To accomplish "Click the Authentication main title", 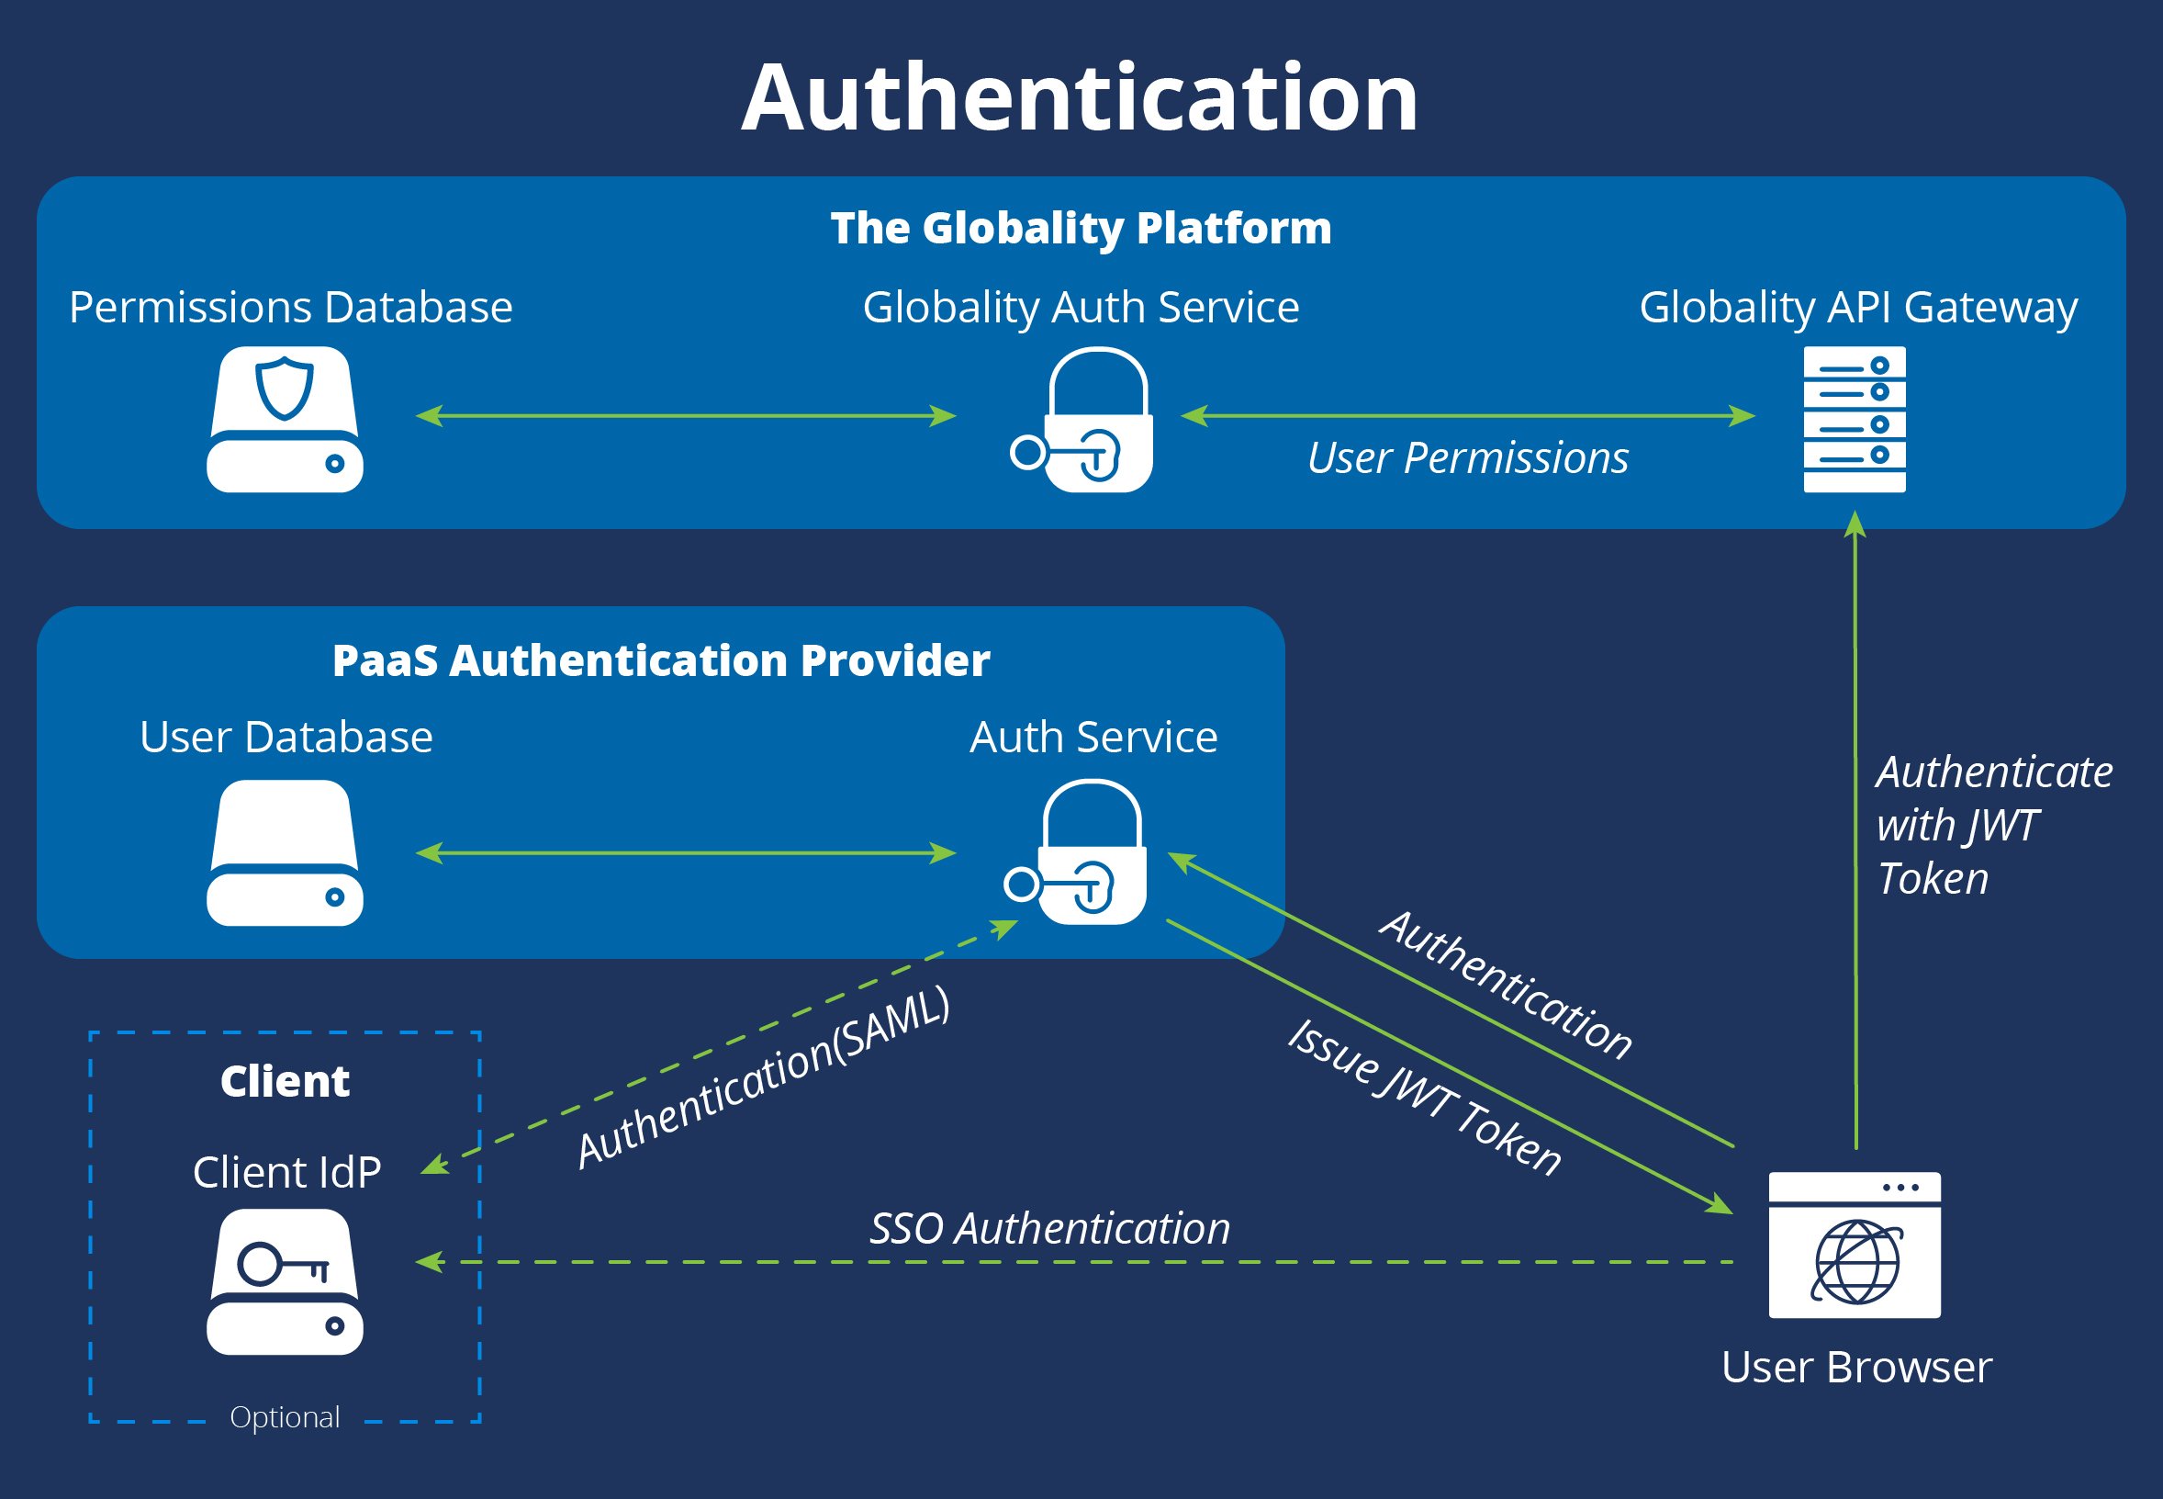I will (1080, 97).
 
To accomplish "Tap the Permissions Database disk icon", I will (285, 420).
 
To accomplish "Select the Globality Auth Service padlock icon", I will (1089, 420).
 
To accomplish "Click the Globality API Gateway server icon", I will (1855, 420).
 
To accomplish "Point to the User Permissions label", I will (1467, 459).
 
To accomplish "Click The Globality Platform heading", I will (1081, 228).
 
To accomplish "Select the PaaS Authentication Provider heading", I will (661, 660).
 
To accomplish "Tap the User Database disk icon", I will (285, 852).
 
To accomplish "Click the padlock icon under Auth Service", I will (1084, 852).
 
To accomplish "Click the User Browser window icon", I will (1855, 1245).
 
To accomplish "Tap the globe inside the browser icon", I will (1856, 1262).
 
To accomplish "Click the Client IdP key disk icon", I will (285, 1282).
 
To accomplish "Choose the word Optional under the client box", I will (285, 1417).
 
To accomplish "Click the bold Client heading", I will (285, 1082).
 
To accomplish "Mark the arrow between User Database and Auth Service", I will (685, 852).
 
